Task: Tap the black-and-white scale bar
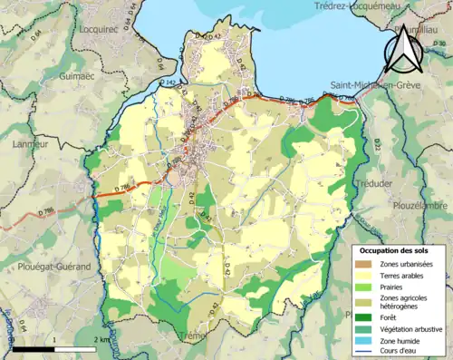click(x=54, y=347)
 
